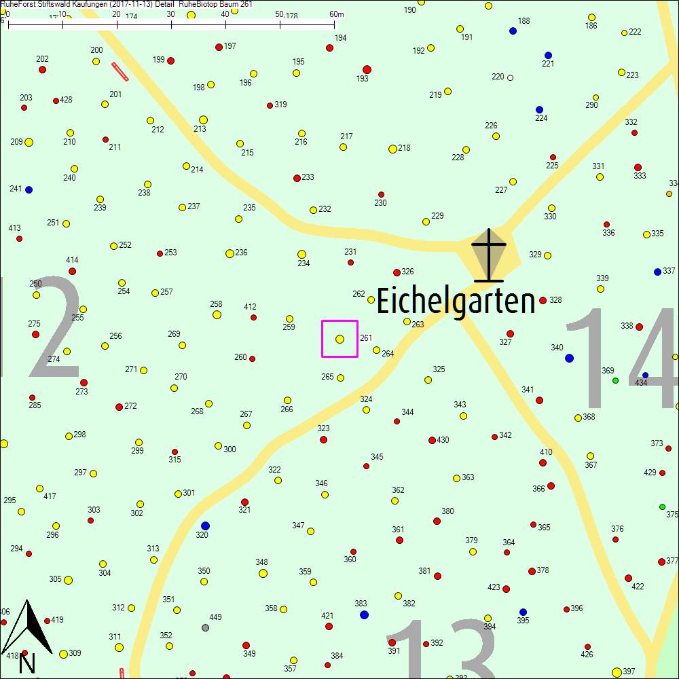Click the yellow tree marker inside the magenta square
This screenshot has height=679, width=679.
pyautogui.click(x=339, y=339)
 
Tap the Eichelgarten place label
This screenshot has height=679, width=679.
pyautogui.click(x=456, y=301)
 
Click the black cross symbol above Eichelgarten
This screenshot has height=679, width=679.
pyautogui.click(x=489, y=255)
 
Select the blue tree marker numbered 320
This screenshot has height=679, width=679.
pyautogui.click(x=206, y=526)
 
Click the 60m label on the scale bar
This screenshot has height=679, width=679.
pyautogui.click(x=337, y=14)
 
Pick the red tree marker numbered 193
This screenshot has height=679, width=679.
pyautogui.click(x=367, y=69)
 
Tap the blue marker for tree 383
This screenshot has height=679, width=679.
pyautogui.click(x=364, y=614)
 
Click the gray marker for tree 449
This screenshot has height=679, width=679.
pyautogui.click(x=206, y=627)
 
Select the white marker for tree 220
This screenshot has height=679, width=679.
pyautogui.click(x=511, y=77)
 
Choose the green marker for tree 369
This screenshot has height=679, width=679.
pyautogui.click(x=616, y=380)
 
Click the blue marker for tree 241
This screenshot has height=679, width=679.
pyautogui.click(x=29, y=189)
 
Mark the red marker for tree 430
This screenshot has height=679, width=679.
pyautogui.click(x=432, y=440)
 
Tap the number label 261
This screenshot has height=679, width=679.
pyautogui.click(x=366, y=338)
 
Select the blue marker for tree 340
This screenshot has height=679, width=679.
pyautogui.click(x=569, y=358)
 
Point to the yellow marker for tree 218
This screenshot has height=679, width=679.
pyautogui.click(x=392, y=149)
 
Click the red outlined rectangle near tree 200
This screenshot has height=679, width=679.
pyautogui.click(x=120, y=71)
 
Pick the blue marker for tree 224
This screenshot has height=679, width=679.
pyautogui.click(x=540, y=109)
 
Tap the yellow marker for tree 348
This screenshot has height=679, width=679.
pyautogui.click(x=263, y=573)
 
